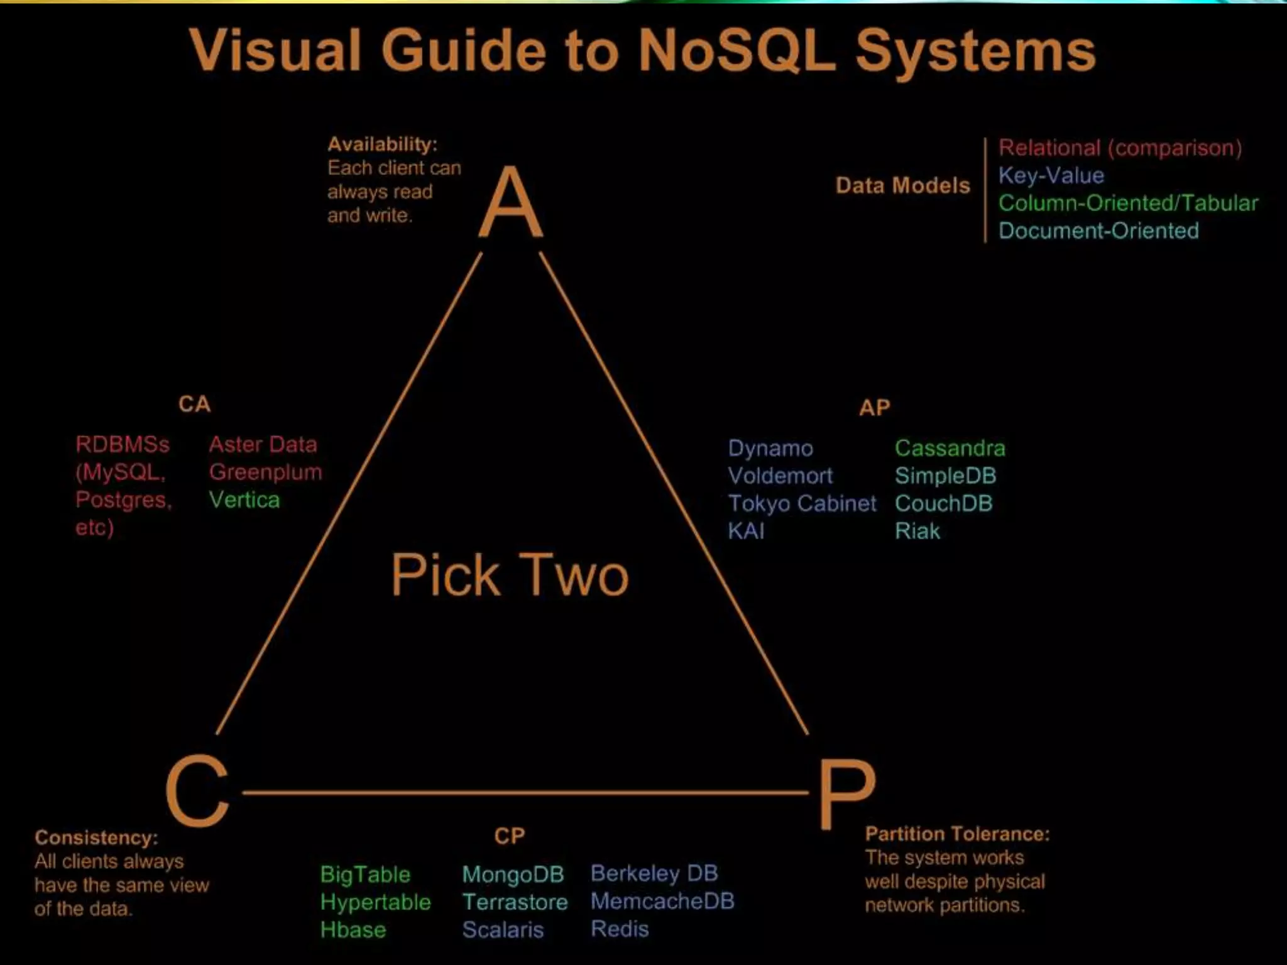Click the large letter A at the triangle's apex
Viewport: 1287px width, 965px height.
pos(510,202)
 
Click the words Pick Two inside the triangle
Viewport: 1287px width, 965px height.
pos(510,575)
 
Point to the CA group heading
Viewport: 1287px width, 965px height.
pos(195,404)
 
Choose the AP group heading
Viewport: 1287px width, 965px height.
pos(875,408)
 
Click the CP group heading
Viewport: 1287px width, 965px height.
pos(509,836)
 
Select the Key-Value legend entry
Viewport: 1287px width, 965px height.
pos(1051,175)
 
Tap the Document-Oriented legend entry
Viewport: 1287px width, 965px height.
pos(1098,231)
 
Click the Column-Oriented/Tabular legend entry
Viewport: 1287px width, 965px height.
pos(1128,203)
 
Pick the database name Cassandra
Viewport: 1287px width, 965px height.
pos(950,448)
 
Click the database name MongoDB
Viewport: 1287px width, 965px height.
pos(513,874)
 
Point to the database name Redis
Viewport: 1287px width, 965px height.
pos(620,929)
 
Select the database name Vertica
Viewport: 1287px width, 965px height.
pos(244,500)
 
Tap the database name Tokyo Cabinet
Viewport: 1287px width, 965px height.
pos(802,503)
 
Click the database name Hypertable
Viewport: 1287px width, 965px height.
pos(375,902)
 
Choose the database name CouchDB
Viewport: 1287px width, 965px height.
pos(943,503)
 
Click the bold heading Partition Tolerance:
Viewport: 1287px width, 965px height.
pos(957,834)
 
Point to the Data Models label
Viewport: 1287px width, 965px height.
pos(902,185)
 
